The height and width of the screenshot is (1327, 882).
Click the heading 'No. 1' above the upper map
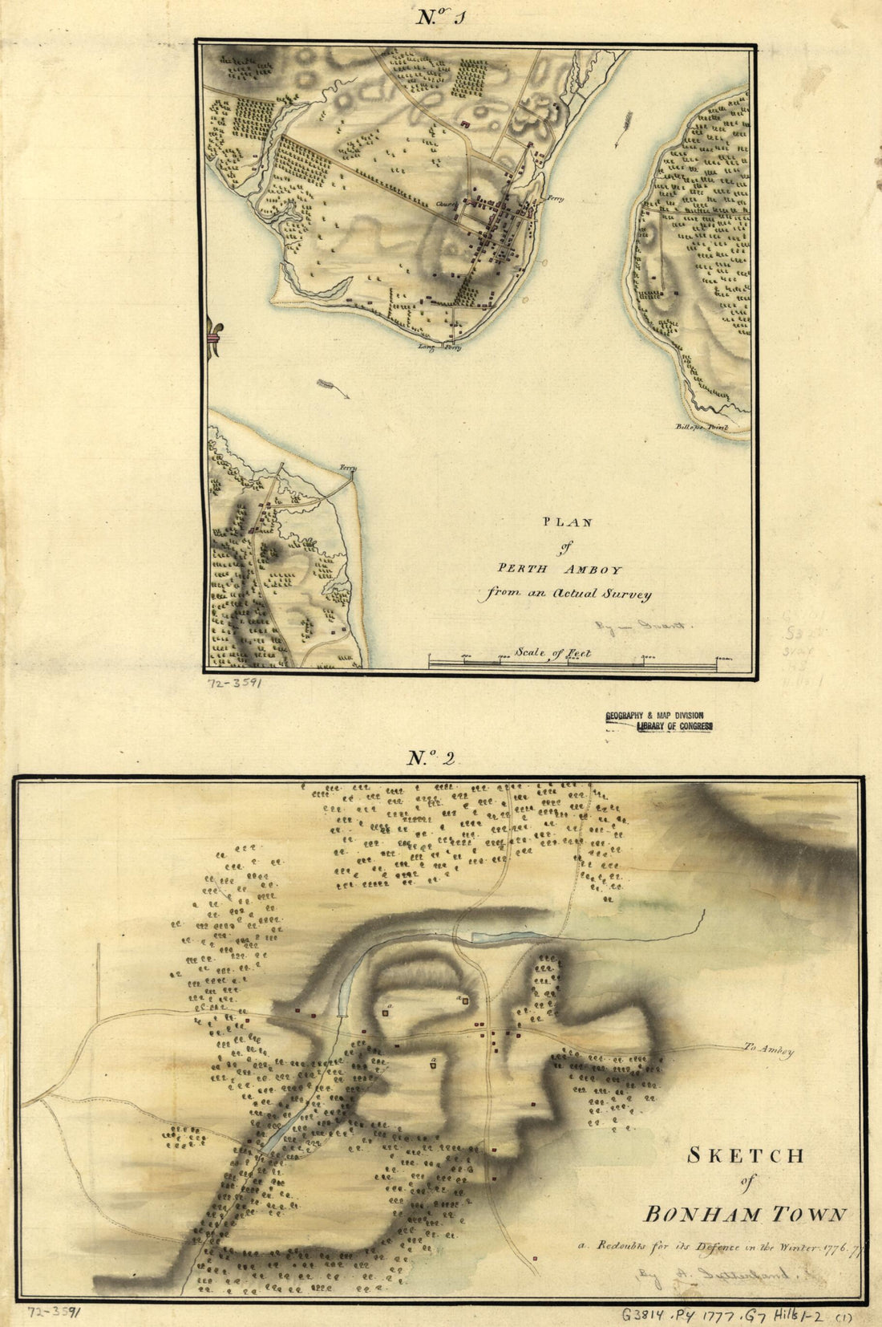pos(440,18)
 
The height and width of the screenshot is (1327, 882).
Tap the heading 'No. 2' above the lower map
pos(432,758)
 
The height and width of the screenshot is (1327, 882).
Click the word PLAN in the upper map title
pos(568,522)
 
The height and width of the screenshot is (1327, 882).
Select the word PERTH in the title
pos(524,570)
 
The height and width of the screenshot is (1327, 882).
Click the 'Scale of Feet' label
pos(553,652)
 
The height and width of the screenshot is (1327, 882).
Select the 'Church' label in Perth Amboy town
pos(445,204)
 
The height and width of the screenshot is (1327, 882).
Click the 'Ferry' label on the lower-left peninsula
pos(346,467)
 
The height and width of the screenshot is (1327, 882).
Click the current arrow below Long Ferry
pos(333,388)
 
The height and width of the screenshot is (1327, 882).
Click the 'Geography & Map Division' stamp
pos(654,714)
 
